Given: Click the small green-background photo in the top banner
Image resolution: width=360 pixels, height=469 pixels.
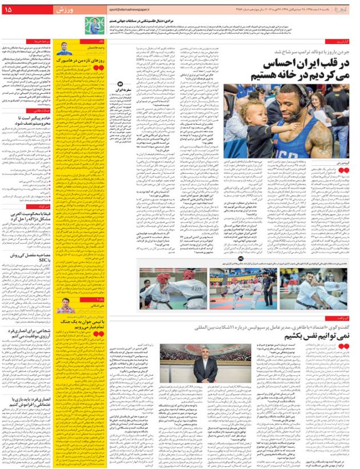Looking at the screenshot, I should click(x=91, y=25).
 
